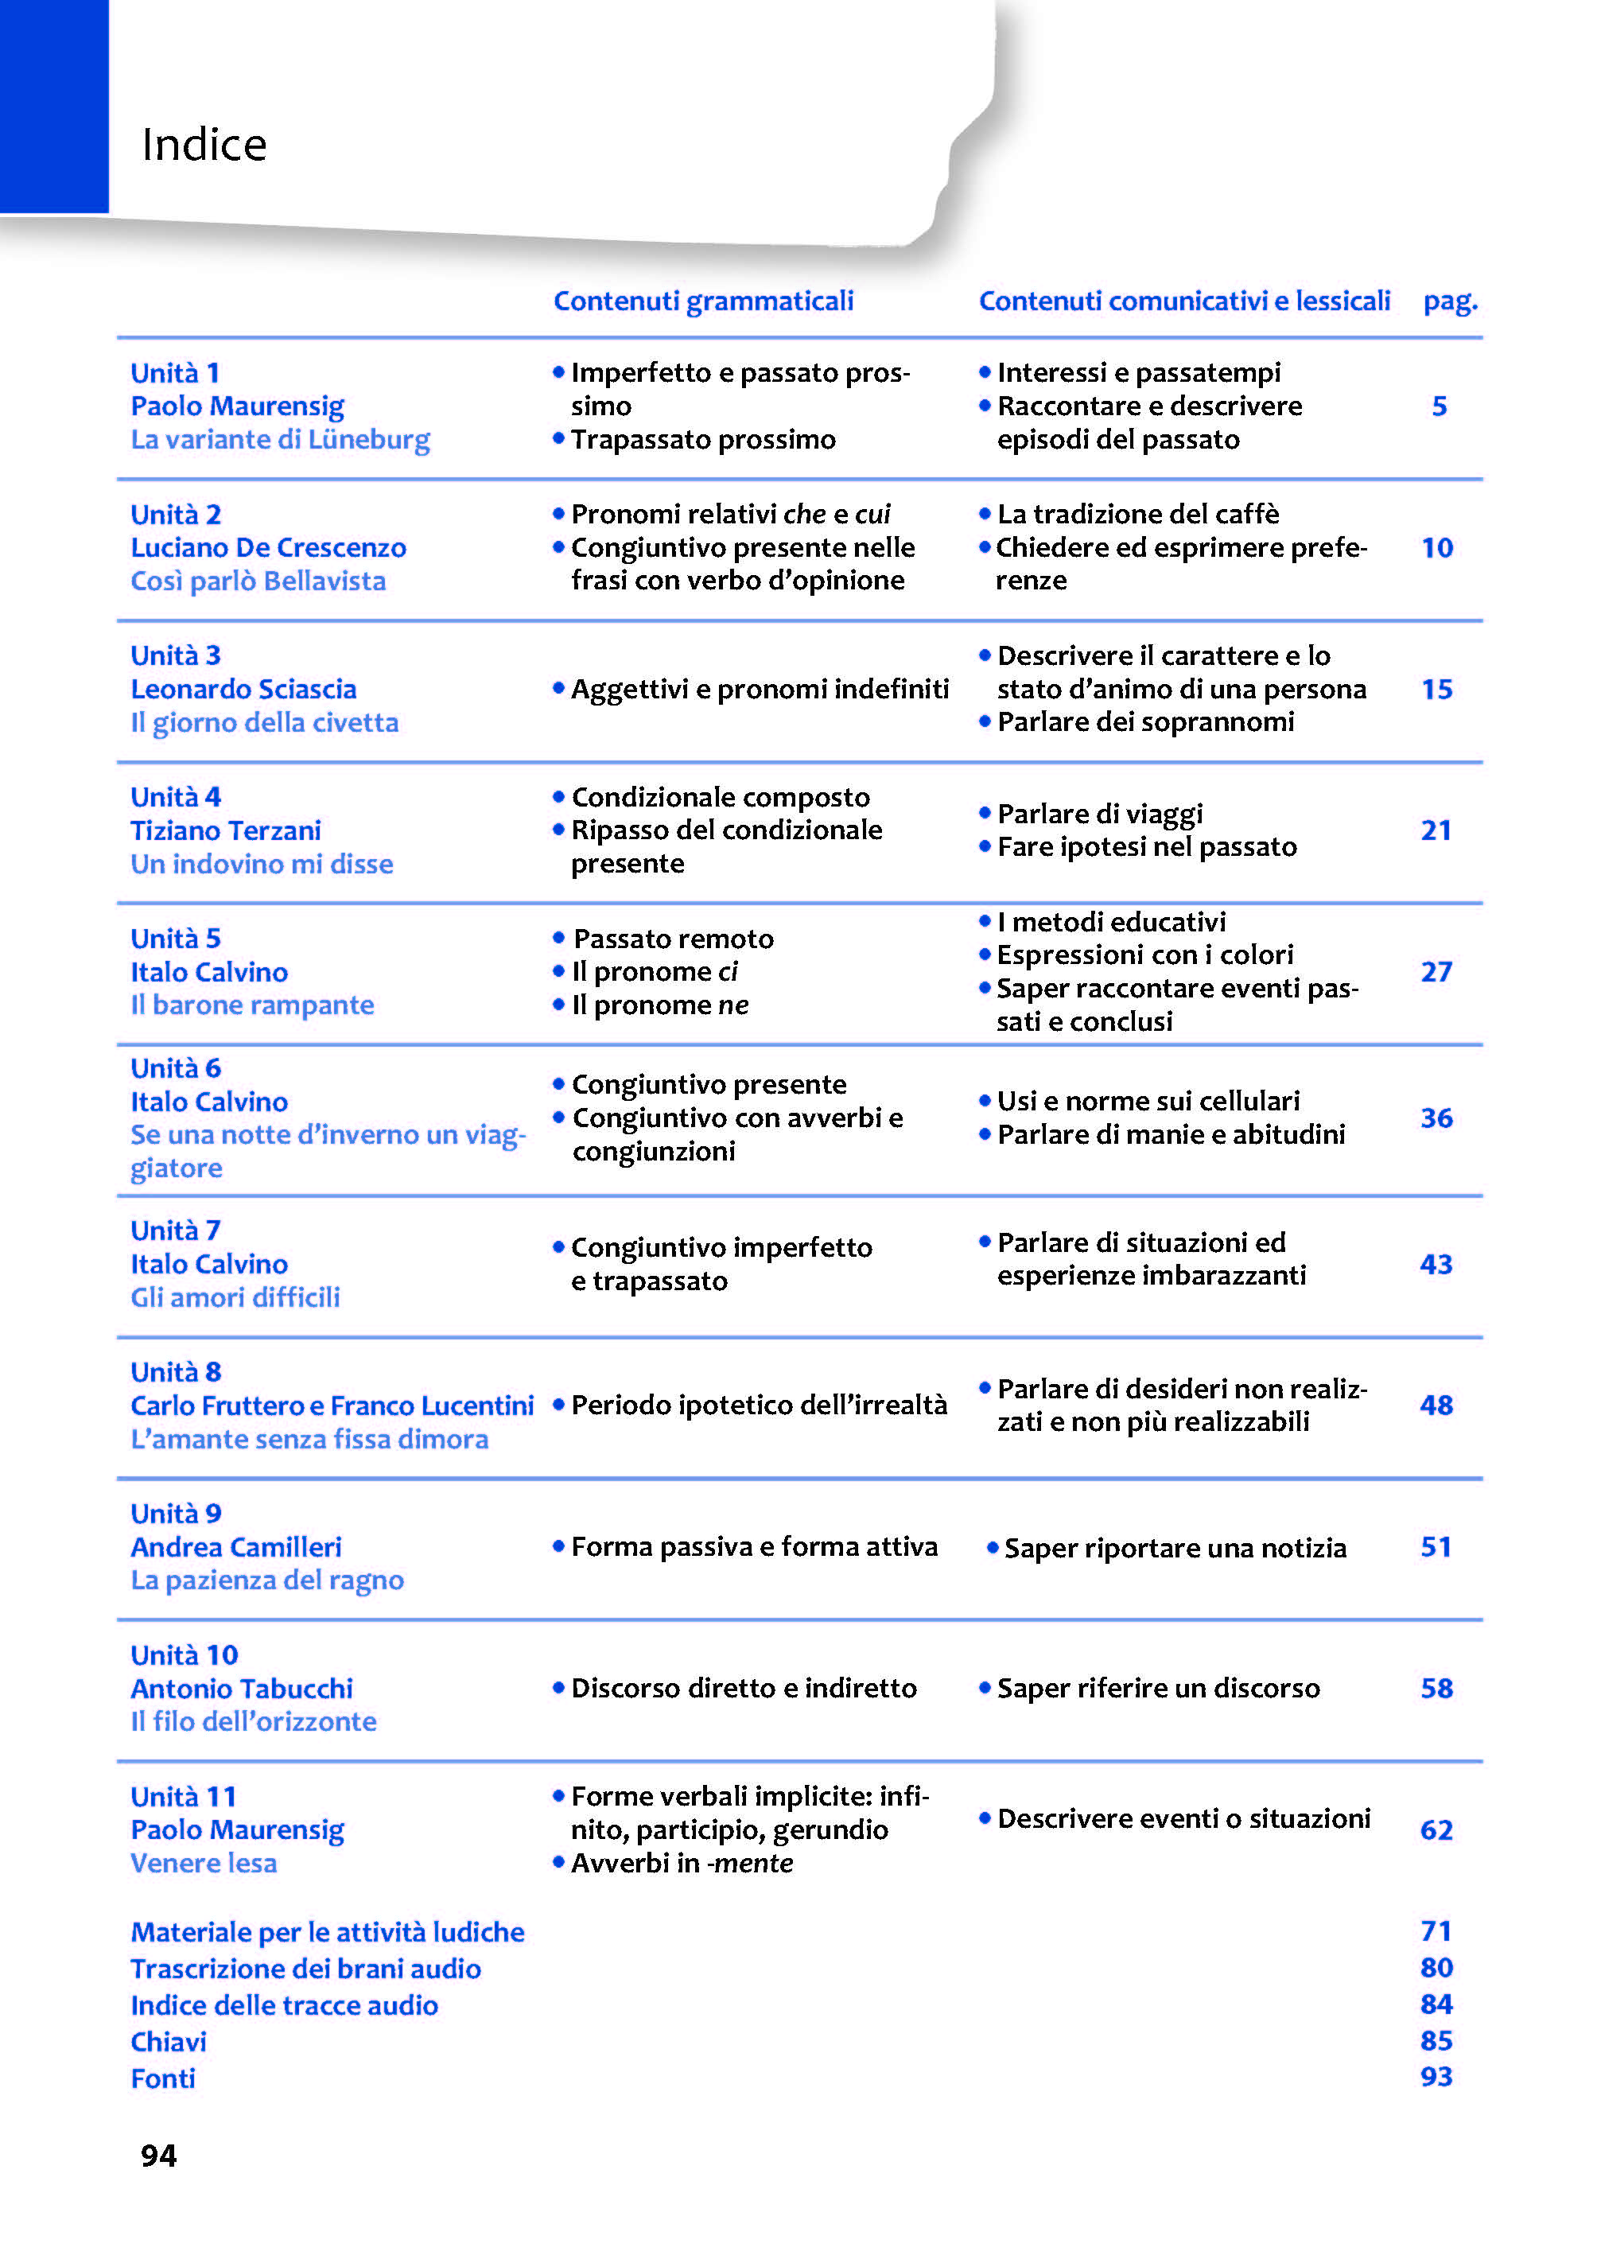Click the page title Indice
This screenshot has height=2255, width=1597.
(x=204, y=145)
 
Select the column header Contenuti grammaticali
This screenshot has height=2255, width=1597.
(x=703, y=301)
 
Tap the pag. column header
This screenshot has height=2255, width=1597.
(x=1450, y=301)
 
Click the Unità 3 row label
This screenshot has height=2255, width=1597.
(x=176, y=656)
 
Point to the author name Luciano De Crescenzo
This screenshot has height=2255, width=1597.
(x=269, y=548)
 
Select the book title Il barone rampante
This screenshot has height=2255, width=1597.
(x=253, y=1005)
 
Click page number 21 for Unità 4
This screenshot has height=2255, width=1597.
(x=1436, y=831)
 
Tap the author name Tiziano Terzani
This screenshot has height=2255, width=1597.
(x=226, y=831)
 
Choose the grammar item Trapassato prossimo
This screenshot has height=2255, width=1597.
(x=703, y=440)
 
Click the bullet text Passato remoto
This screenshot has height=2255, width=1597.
(x=674, y=939)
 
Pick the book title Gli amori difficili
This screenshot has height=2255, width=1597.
(x=236, y=1297)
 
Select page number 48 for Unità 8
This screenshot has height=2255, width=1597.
(x=1436, y=1405)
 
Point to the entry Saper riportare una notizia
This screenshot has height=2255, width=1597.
(x=1174, y=1548)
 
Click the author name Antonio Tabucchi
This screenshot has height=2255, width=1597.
(x=242, y=1689)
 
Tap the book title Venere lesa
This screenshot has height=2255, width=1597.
(x=204, y=1864)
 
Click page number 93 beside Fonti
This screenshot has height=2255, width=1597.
(x=1436, y=2077)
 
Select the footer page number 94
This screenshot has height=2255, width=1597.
(x=159, y=2156)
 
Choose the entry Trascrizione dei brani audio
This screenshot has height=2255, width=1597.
(x=306, y=1969)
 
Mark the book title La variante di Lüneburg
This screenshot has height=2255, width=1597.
(x=280, y=440)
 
